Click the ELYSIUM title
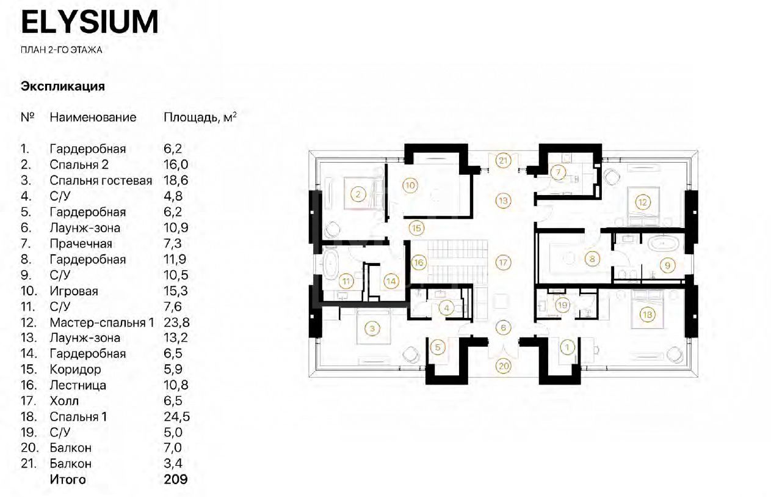[x=90, y=22]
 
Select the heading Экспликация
[x=63, y=86]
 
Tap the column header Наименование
[x=93, y=117]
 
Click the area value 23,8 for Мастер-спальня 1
[x=176, y=322]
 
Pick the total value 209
[x=176, y=479]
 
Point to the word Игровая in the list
[x=74, y=291]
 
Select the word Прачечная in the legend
[x=81, y=244]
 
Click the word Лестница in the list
[x=78, y=385]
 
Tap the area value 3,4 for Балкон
[x=173, y=463]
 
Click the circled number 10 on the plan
[x=410, y=185]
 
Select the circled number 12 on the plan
[x=643, y=202]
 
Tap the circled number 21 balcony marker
[x=503, y=160]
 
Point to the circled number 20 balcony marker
[x=504, y=366]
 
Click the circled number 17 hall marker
[x=503, y=263]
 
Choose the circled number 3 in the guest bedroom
[x=372, y=328]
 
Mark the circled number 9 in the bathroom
[x=668, y=265]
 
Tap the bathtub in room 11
[x=331, y=264]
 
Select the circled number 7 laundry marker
[x=558, y=172]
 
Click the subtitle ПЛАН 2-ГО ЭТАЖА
[x=61, y=50]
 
